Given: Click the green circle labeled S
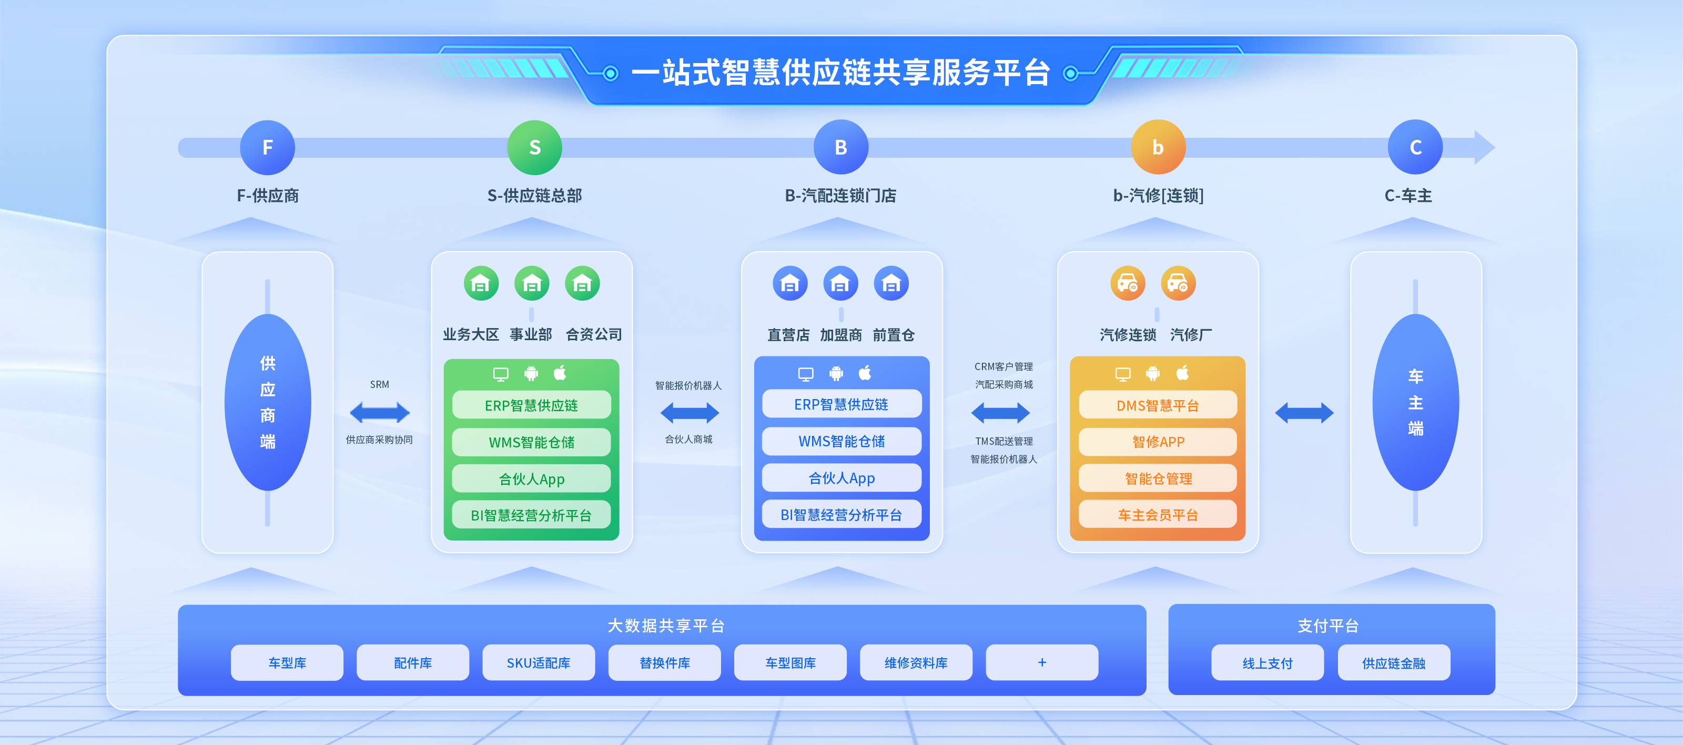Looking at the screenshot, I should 534,148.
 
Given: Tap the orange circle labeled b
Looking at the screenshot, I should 1158,148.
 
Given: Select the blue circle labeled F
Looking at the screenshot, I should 267,148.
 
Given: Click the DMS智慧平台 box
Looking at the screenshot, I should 1157,405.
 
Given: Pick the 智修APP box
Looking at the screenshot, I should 1157,442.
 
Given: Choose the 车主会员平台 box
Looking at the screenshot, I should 1157,515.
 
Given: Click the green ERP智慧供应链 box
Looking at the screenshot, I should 531,405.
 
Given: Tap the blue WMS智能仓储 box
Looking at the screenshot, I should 841,442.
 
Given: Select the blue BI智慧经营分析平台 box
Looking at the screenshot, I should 841,515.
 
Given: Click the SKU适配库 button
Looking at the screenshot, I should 539,663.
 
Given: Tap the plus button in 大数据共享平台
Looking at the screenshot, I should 1041,663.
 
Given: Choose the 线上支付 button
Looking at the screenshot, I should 1267,664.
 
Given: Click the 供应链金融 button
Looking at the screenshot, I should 1394,664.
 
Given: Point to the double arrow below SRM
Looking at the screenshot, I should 380,413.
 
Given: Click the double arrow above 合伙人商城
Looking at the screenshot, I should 690,413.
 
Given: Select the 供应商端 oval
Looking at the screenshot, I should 267,402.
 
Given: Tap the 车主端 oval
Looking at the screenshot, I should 1415,402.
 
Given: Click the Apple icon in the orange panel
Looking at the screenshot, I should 1182,373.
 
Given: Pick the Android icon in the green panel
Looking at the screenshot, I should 531,373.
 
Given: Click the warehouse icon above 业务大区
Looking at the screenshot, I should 481,283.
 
